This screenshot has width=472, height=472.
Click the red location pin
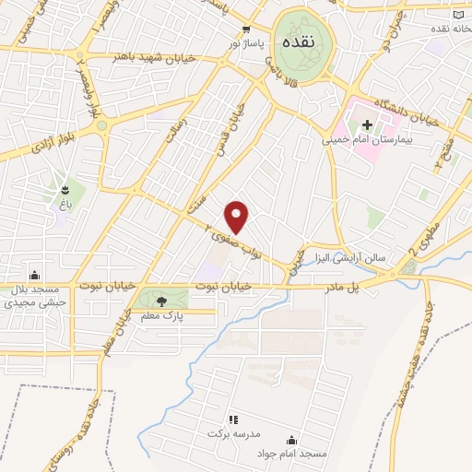(237, 216)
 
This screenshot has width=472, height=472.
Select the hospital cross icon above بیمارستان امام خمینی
(365, 124)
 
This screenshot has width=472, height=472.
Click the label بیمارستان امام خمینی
(363, 141)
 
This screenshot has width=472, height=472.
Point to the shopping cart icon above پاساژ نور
(246, 29)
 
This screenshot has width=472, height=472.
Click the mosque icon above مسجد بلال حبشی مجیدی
(35, 274)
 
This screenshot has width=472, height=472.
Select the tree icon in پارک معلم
(162, 301)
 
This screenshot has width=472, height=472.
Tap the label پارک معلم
(157, 316)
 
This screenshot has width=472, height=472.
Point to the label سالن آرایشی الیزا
(350, 257)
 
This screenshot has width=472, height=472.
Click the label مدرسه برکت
(230, 433)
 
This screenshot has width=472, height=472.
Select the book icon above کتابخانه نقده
(458, 16)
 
